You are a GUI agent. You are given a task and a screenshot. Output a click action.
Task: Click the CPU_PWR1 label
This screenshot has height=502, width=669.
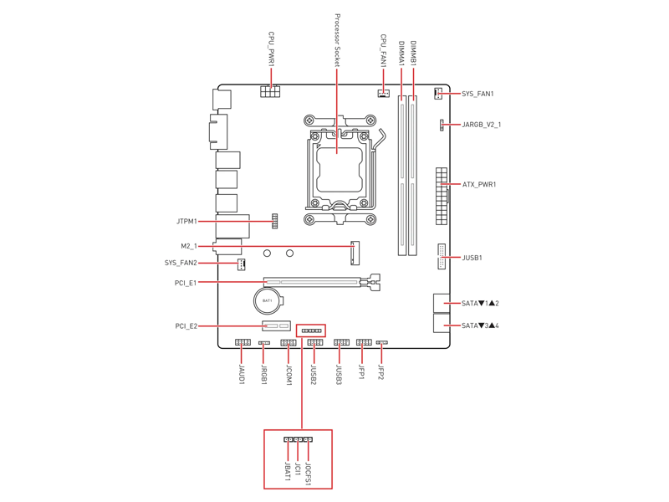tap(271, 49)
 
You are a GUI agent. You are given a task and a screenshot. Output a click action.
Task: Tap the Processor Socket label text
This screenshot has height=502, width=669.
tap(337, 40)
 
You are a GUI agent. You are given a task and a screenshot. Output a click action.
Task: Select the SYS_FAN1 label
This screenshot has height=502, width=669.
tap(477, 94)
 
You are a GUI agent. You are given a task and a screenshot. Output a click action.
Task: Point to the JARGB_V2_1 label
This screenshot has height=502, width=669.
tap(482, 125)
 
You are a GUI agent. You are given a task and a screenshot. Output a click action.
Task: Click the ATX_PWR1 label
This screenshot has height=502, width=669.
tap(479, 184)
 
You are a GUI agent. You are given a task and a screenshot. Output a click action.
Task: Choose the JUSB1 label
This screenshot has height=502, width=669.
tap(472, 258)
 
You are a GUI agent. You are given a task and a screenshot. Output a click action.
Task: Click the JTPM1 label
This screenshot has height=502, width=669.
tap(186, 222)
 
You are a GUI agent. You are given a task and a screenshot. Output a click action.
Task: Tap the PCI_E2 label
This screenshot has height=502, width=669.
tap(186, 326)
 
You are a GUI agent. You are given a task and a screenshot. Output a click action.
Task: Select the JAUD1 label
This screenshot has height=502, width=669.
tap(242, 374)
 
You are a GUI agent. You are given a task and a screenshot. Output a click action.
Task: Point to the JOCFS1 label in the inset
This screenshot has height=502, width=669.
tap(308, 474)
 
